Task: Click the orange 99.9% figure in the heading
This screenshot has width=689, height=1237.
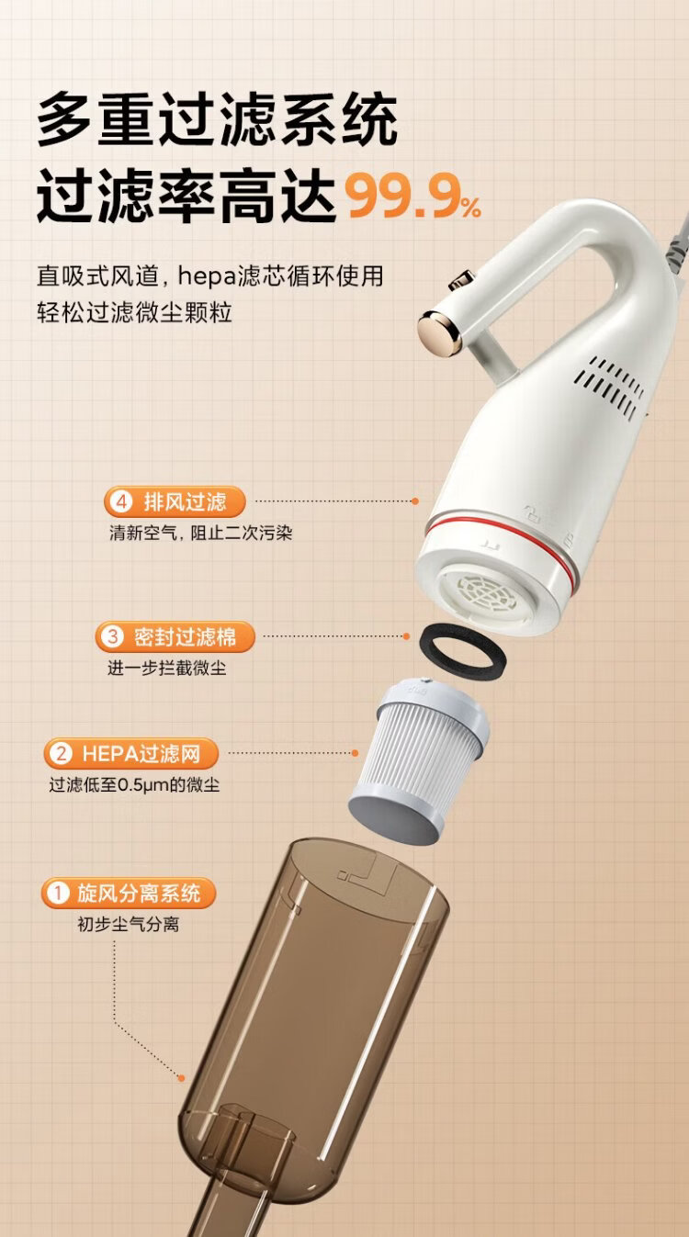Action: tap(413, 197)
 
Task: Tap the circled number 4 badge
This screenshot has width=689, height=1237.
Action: tap(121, 502)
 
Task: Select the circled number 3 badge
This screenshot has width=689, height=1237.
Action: tap(112, 636)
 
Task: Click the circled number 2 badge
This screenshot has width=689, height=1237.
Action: tap(61, 753)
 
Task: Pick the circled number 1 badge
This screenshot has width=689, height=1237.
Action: tap(58, 893)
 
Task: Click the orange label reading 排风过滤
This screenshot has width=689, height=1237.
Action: tap(175, 502)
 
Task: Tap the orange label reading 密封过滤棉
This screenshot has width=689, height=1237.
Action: tap(175, 636)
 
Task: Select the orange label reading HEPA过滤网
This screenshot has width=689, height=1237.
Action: tap(131, 753)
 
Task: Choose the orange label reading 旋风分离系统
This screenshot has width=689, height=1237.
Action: tap(128, 893)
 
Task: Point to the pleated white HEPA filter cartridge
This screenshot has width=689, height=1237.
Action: tap(419, 763)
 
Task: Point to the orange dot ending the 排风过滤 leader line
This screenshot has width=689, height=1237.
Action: tap(415, 501)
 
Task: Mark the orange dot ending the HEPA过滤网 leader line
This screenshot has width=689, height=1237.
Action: tap(355, 753)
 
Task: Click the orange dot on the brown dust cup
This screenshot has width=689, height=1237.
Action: tap(181, 1077)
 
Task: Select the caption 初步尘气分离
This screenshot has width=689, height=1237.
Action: tap(129, 925)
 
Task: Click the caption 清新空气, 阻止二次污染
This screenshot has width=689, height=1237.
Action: tap(200, 533)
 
